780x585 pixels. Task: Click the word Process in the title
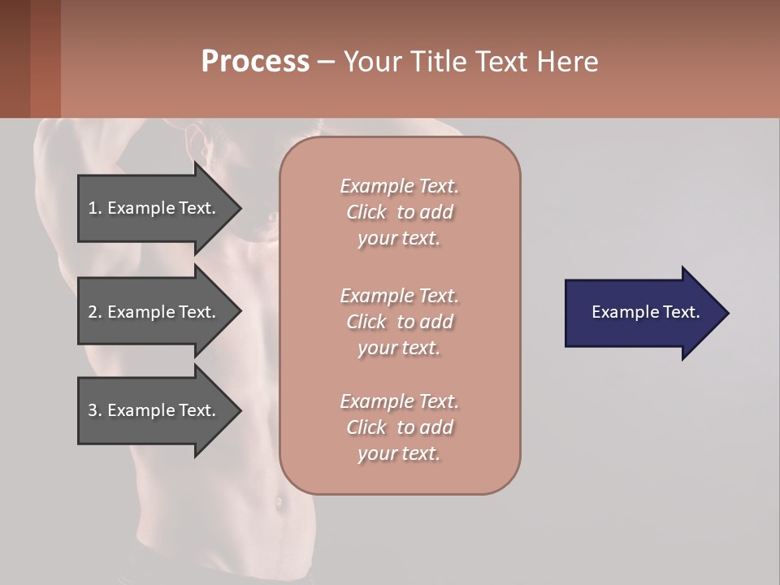point(255,62)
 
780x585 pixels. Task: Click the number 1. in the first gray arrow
point(94,208)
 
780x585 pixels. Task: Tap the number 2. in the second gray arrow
point(94,312)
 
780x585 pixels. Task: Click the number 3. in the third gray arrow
point(94,410)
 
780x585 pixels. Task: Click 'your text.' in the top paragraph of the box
point(399,239)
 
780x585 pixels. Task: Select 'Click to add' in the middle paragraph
point(399,322)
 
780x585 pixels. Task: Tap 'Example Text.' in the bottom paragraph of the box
point(399,401)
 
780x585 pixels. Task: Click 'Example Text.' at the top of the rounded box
point(399,186)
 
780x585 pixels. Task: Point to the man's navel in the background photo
point(279,503)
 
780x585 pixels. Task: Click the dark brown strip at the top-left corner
point(15,58)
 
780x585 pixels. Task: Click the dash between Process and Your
point(327,62)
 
